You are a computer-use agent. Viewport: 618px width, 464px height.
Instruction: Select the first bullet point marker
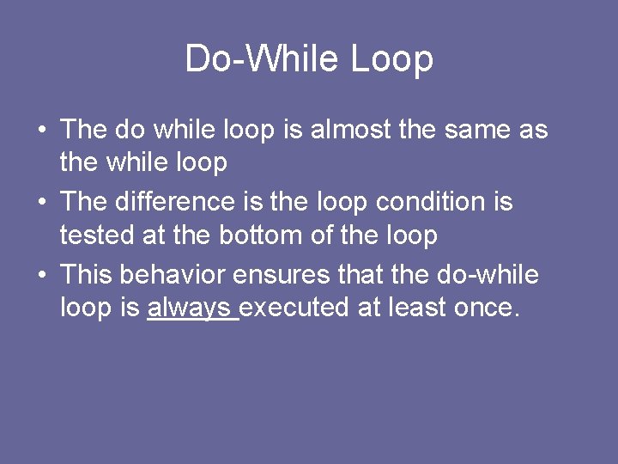(42, 131)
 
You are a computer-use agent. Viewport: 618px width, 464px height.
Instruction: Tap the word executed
(294, 307)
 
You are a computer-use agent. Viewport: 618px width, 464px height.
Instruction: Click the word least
(418, 307)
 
